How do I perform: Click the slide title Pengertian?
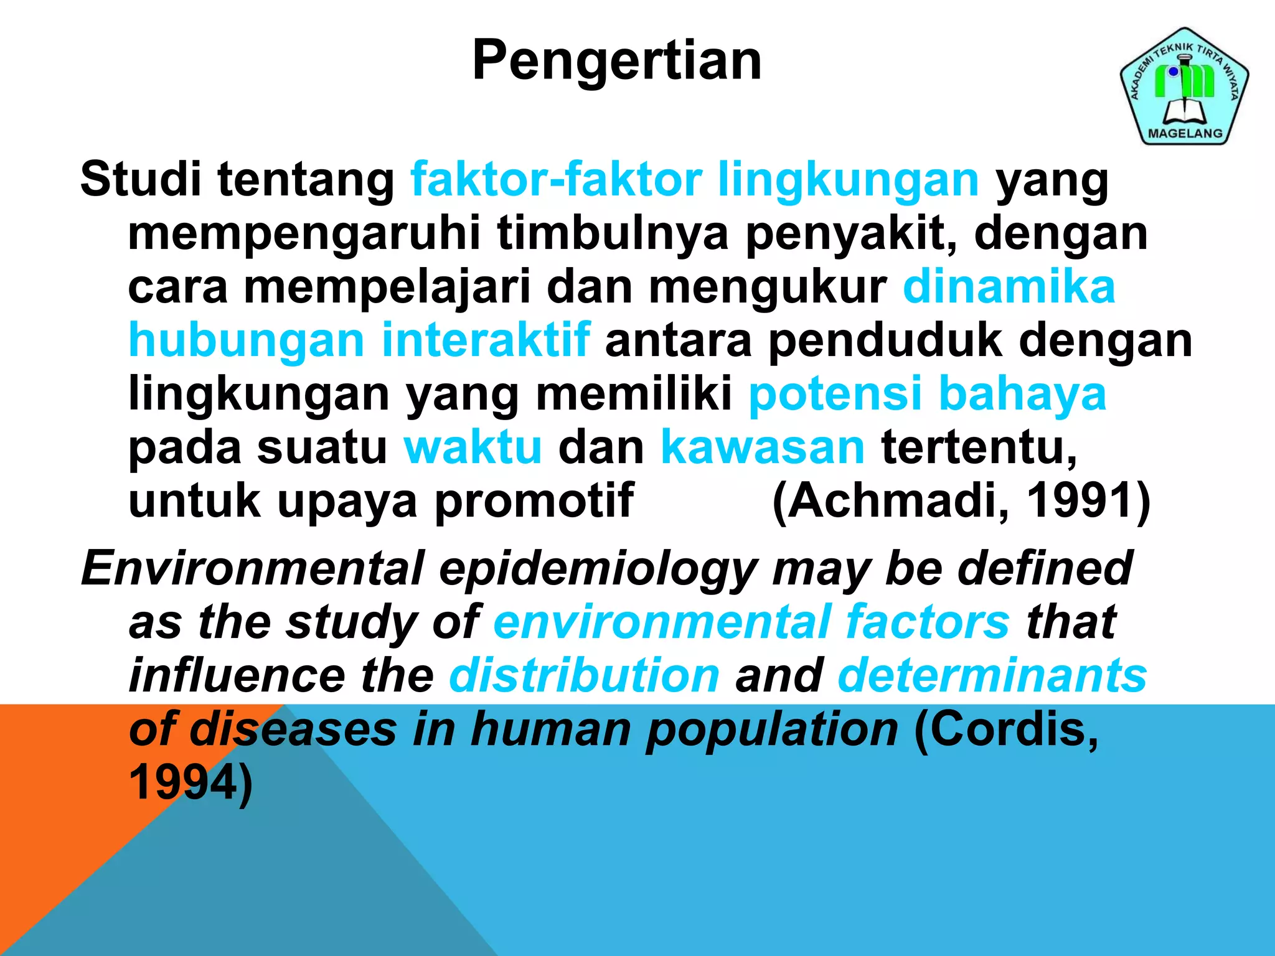point(617,60)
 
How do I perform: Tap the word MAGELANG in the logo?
point(1185,133)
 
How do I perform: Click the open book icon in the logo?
point(1185,112)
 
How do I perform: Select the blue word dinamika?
point(1009,287)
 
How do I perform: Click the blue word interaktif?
point(486,340)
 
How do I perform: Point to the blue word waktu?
point(473,448)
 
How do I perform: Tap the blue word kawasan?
point(763,448)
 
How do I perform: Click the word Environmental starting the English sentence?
point(253,568)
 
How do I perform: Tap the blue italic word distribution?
point(584,675)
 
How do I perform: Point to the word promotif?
point(534,502)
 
